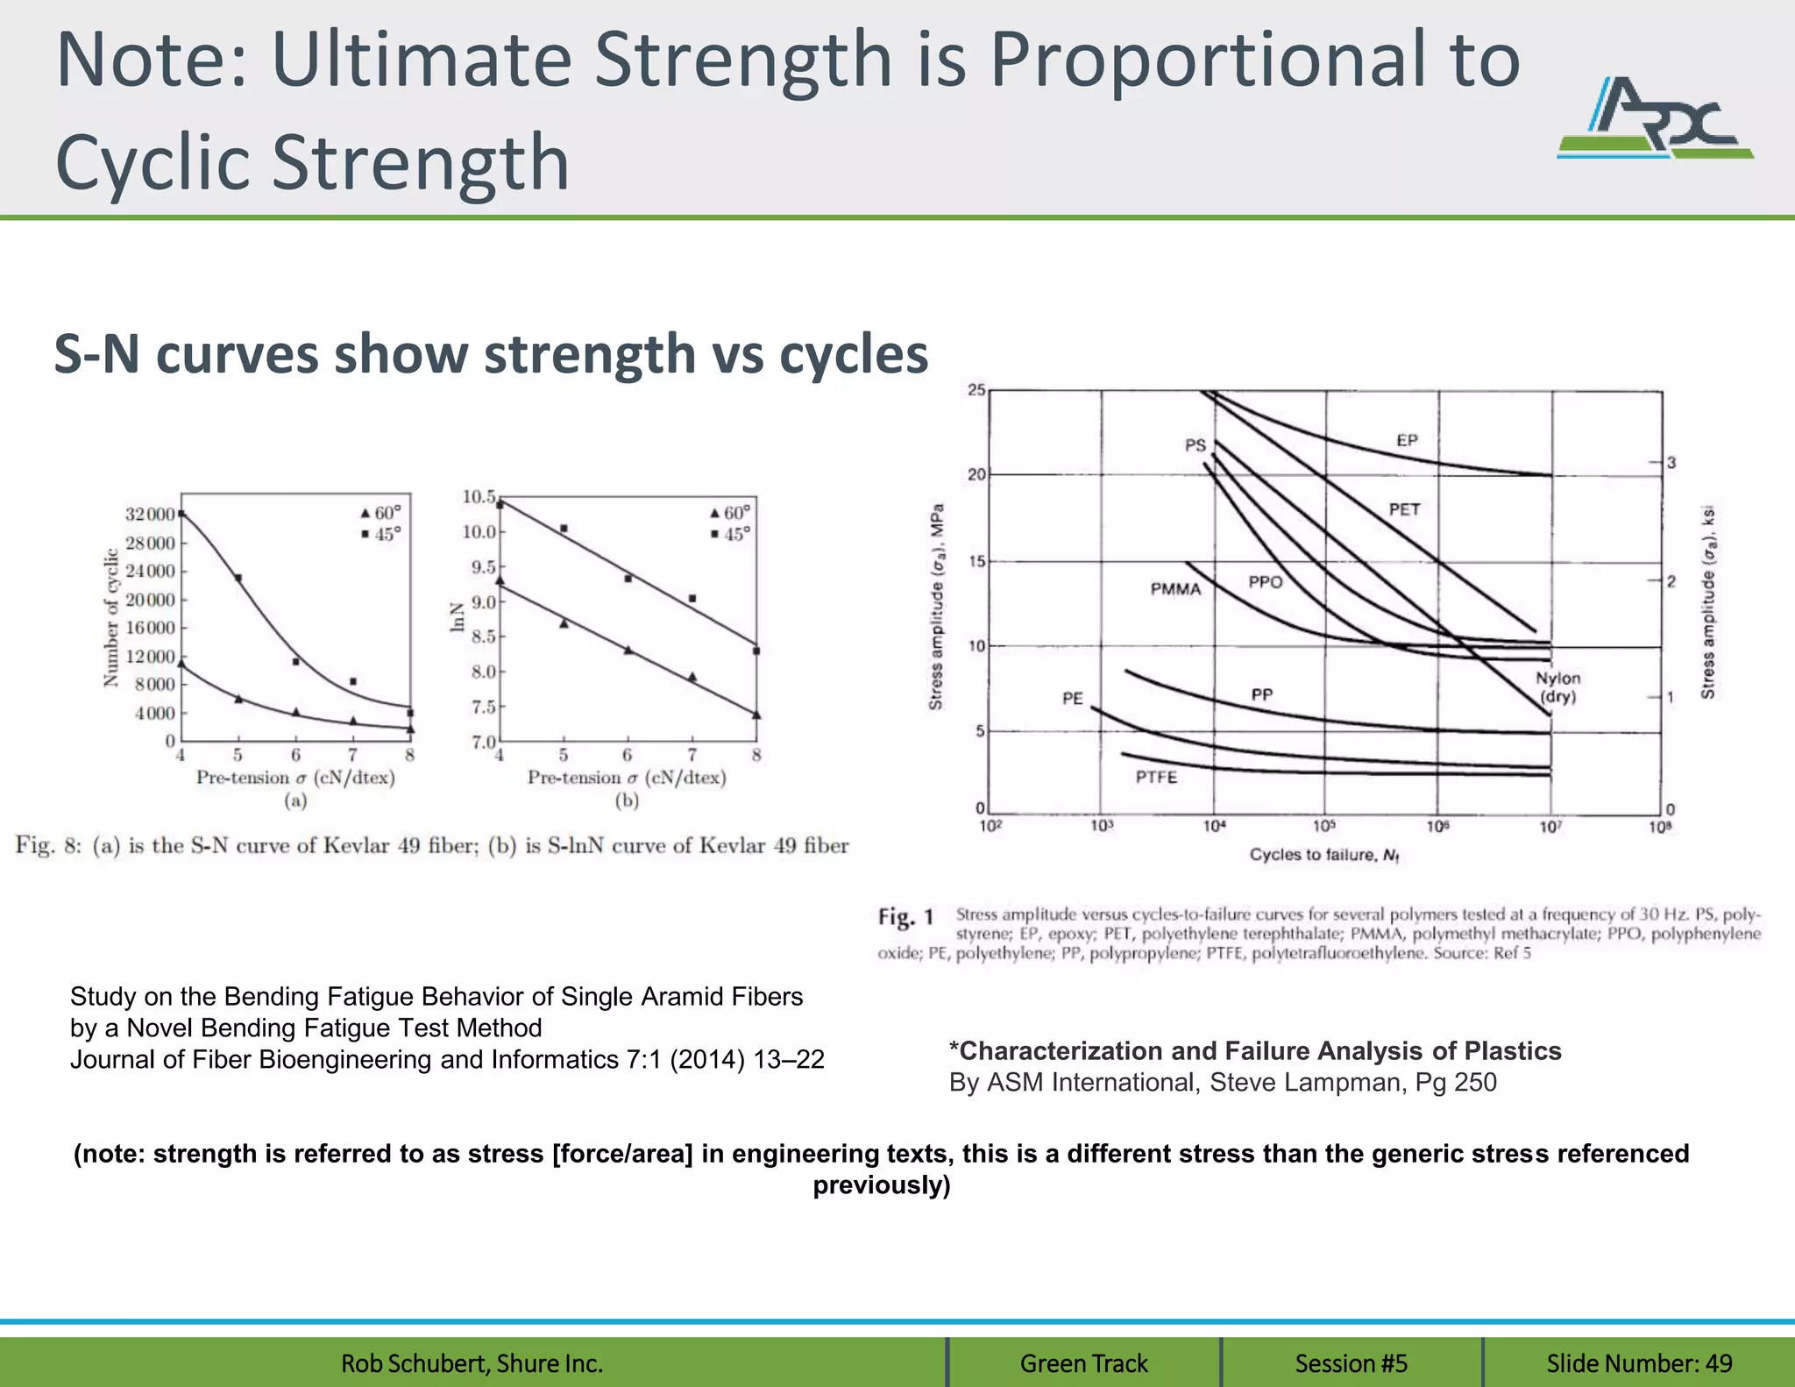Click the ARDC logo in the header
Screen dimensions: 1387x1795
click(x=1655, y=119)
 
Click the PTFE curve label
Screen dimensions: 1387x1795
click(x=1156, y=778)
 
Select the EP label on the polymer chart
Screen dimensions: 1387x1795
click(x=1406, y=441)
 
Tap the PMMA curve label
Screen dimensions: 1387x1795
click(x=1175, y=589)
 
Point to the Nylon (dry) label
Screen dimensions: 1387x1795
click(x=1557, y=687)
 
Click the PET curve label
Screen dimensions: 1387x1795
click(x=1403, y=509)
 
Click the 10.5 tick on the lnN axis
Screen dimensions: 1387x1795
click(x=479, y=497)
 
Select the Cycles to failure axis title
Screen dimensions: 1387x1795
click(x=1323, y=855)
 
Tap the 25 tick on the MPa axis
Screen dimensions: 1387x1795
click(x=976, y=390)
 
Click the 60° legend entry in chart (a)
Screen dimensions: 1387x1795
click(x=380, y=514)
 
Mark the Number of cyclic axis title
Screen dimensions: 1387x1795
click(x=111, y=617)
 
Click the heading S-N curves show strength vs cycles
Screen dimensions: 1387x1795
click(x=491, y=354)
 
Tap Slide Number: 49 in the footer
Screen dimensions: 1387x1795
click(x=1638, y=1363)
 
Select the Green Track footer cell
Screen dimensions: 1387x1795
click(x=1083, y=1363)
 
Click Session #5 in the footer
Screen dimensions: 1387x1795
click(x=1351, y=1363)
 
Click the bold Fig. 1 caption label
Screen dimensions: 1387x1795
click(x=906, y=917)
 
